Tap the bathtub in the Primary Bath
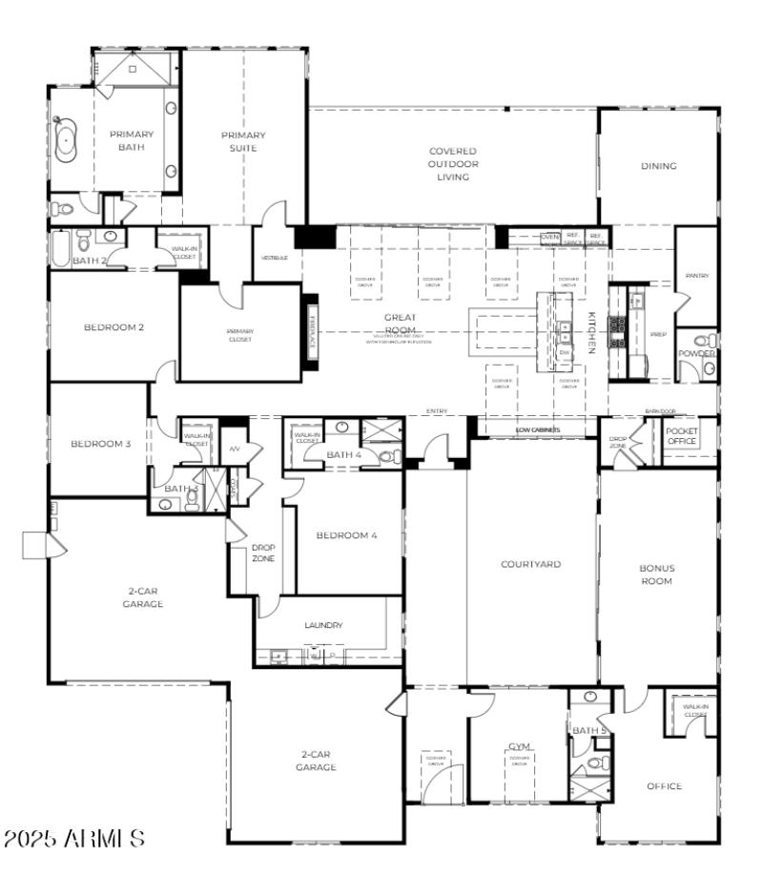coord(67,139)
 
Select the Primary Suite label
coord(243,140)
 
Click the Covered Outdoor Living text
coord(452,164)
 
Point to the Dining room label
coord(658,166)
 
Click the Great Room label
coord(400,323)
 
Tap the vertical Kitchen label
coord(590,333)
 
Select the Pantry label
coord(696,276)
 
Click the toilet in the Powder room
coord(703,341)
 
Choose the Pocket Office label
coord(681,436)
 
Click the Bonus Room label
coord(656,575)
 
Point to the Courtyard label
coord(530,564)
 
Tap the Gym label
coord(519,746)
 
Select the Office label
coord(664,786)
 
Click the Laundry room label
coord(323,625)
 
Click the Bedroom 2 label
coord(113,327)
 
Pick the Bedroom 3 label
coord(100,444)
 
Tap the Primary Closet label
coord(239,335)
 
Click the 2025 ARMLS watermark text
coord(74,839)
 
